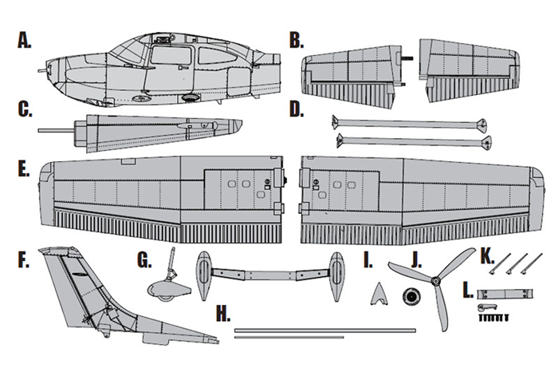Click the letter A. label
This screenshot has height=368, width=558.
tap(23, 40)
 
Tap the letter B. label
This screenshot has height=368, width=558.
tap(297, 40)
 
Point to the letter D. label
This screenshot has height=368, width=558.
tap(297, 109)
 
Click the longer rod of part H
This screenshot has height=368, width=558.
tap(324, 329)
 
